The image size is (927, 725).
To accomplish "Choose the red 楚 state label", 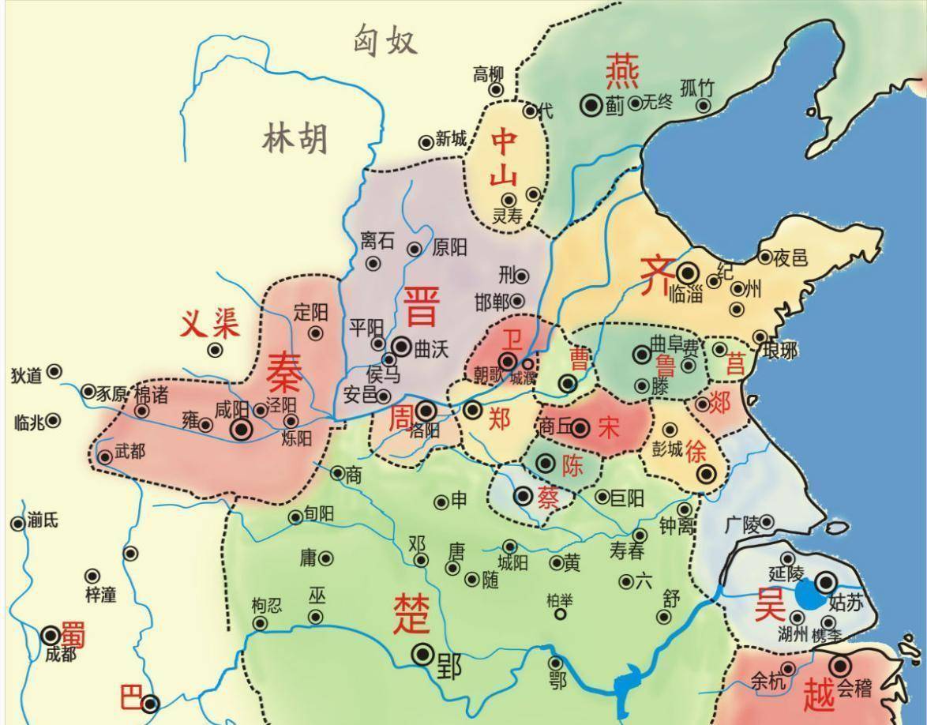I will pyautogui.click(x=412, y=613).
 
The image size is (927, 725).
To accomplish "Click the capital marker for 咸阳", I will pyautogui.click(x=242, y=429).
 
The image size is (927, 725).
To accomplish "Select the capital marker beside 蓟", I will pyautogui.click(x=591, y=104).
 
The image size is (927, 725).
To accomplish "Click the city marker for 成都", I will pyautogui.click(x=51, y=634).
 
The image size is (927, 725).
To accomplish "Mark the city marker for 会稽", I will pyautogui.click(x=839, y=666).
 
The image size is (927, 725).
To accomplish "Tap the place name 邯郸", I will pyautogui.click(x=491, y=302).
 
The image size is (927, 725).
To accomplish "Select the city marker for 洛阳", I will pyautogui.click(x=426, y=410).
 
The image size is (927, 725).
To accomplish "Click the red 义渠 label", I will pyautogui.click(x=210, y=323).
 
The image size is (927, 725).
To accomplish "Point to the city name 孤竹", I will pyautogui.click(x=696, y=88).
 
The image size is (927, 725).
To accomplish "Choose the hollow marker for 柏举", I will pyautogui.click(x=560, y=614).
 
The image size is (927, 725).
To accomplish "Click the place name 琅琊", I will pyautogui.click(x=779, y=351).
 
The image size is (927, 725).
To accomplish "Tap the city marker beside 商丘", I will pyautogui.click(x=580, y=428).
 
